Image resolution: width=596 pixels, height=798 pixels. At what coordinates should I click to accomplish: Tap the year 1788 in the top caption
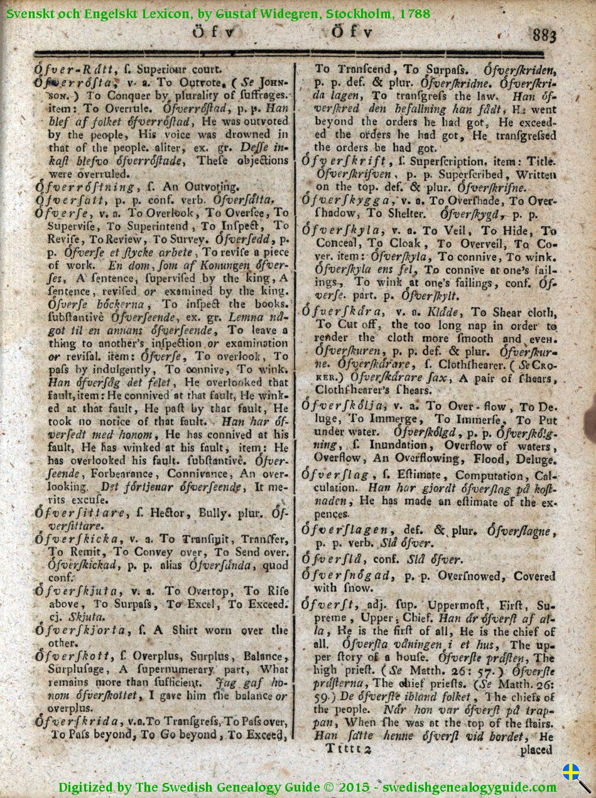click(x=414, y=13)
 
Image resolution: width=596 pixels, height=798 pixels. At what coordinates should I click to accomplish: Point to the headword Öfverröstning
click(x=85, y=187)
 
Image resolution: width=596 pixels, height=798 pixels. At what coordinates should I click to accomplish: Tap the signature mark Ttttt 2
click(x=349, y=749)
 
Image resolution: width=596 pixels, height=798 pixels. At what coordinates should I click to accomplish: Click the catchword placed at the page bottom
click(x=536, y=750)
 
